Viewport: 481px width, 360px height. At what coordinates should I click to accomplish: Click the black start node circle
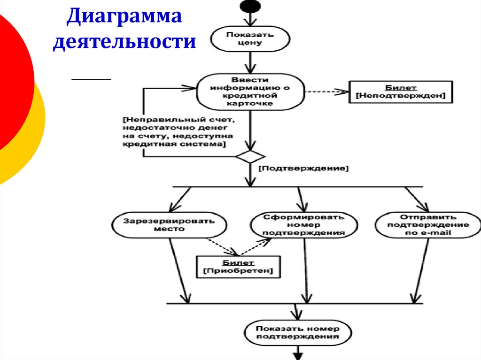[x=250, y=6]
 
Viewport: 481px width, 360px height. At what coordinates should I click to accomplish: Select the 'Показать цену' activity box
[x=244, y=38]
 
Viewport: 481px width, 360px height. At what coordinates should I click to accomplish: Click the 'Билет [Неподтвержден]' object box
[x=401, y=91]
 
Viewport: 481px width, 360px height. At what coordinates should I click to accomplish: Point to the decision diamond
[x=250, y=157]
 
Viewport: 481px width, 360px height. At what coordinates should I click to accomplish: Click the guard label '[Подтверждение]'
[x=303, y=168]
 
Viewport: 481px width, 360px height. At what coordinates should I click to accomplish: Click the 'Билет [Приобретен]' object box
[x=238, y=267]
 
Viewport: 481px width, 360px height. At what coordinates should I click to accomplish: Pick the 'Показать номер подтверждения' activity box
[x=298, y=332]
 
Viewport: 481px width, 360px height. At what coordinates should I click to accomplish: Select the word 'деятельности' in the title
[x=124, y=42]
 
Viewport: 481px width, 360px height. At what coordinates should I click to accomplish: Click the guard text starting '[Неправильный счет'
[x=174, y=132]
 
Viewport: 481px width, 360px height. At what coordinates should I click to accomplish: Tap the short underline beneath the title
[x=91, y=80]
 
